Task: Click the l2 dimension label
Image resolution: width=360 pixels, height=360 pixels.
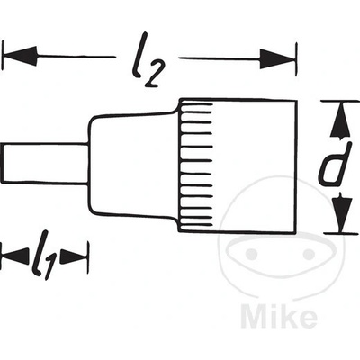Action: (146, 60)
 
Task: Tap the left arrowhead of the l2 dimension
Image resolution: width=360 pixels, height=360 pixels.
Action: (21, 56)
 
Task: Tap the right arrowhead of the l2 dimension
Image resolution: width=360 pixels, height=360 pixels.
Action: (277, 59)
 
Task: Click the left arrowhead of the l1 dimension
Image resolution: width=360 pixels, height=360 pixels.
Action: (15, 256)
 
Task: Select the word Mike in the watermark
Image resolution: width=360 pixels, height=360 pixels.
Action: (279, 316)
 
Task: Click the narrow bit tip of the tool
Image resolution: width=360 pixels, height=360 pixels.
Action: (45, 163)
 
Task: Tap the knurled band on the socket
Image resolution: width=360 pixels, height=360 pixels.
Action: (196, 166)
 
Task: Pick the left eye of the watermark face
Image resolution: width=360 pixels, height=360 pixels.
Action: (251, 255)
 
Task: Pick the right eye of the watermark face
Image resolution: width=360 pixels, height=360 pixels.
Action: (309, 255)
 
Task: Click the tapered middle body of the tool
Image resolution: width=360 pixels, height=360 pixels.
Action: (133, 165)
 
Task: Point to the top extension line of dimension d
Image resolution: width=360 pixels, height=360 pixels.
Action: (340, 102)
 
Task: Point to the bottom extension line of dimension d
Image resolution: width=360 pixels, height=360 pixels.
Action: (341, 233)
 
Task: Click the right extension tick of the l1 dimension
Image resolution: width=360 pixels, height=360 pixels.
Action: (88, 257)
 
